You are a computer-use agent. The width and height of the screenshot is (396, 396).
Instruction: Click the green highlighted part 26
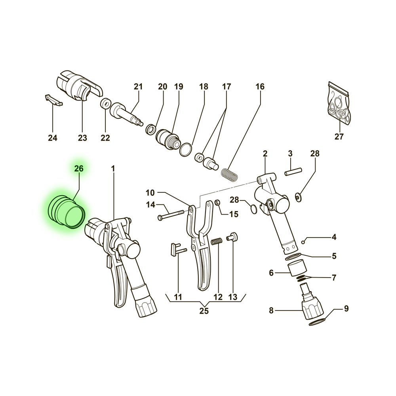67,211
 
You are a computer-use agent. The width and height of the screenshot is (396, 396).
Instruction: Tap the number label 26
79,168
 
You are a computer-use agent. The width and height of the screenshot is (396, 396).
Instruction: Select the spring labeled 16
229,175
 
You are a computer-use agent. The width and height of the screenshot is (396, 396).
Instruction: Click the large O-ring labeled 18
186,150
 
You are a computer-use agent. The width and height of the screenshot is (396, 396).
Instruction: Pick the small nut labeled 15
217,202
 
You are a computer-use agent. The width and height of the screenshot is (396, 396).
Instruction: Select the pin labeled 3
293,171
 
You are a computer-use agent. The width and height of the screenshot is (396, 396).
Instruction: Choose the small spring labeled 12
217,241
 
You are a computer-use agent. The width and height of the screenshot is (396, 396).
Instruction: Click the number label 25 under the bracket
204,310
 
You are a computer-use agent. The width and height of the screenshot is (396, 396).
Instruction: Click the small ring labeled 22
105,103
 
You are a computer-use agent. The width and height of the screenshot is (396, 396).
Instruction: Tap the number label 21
138,87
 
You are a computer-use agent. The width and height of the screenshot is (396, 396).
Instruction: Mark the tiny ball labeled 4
303,242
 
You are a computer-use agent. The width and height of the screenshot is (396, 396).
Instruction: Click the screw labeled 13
232,237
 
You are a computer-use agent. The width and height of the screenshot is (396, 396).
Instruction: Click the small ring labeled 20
151,129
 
